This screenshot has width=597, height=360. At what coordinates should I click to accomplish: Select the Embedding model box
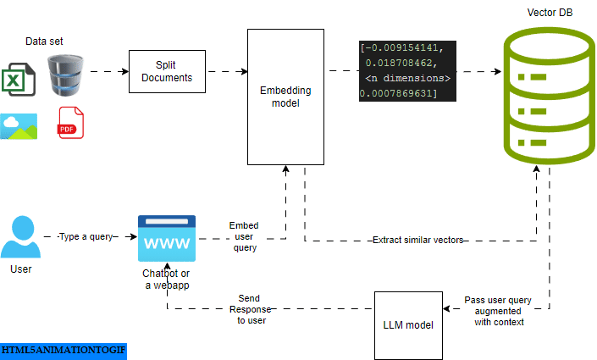click(285, 97)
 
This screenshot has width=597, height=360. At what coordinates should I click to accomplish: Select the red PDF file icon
click(71, 124)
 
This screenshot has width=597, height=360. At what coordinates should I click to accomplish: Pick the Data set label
click(44, 41)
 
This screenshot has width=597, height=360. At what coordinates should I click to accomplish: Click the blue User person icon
click(20, 237)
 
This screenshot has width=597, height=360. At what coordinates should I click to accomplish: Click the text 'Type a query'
click(85, 237)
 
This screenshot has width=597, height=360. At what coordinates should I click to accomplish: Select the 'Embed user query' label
click(244, 237)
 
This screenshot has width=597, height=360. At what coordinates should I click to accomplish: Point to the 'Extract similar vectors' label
click(417, 241)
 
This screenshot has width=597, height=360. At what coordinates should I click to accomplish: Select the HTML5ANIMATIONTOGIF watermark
click(63, 350)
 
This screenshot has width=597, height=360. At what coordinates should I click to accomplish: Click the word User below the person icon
click(20, 269)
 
